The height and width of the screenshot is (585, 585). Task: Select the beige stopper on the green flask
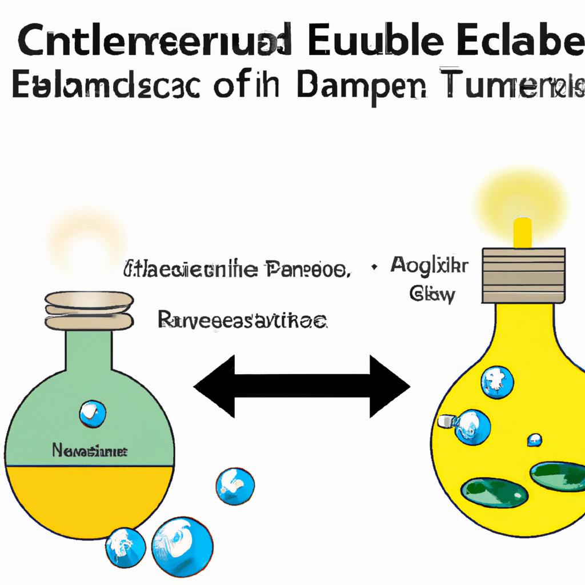coord(89,312)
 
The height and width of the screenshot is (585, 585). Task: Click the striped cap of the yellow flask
coord(523,275)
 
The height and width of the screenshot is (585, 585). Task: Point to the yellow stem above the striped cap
coord(523,233)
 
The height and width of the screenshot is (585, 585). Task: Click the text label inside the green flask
coord(90,451)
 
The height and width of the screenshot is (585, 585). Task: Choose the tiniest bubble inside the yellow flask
coord(534,440)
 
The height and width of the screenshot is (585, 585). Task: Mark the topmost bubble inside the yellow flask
coord(496,382)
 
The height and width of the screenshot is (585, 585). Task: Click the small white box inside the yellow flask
coord(445,422)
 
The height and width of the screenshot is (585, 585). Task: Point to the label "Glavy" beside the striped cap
coord(432,295)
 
